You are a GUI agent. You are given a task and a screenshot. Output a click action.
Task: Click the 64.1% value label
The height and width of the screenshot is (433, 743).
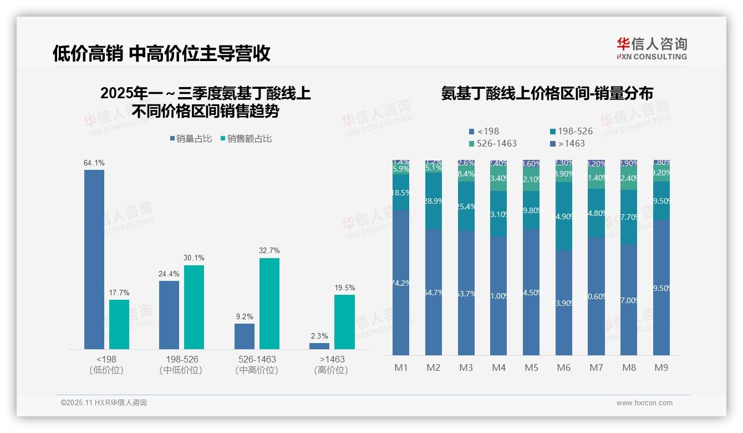coord(94,163)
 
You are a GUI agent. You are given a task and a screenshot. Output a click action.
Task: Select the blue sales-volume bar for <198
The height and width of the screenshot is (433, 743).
coord(94,259)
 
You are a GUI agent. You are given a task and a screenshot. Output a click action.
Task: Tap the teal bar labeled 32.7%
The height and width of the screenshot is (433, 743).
coord(269,303)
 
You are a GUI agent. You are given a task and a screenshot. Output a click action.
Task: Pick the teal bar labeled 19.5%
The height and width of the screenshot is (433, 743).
coord(344,321)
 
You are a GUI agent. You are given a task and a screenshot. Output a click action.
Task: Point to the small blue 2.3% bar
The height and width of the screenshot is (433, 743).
coord(319,346)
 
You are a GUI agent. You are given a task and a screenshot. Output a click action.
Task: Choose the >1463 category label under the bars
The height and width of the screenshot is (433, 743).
coord(332,359)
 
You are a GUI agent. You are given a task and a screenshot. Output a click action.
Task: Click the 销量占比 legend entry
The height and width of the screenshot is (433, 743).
coord(190,139)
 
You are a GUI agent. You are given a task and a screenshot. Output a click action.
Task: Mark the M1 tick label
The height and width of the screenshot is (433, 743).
coord(401,367)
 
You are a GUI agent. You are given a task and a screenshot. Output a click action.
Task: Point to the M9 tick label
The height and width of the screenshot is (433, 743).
coord(661,367)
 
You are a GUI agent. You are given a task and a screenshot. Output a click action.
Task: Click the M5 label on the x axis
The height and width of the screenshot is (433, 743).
coord(531,367)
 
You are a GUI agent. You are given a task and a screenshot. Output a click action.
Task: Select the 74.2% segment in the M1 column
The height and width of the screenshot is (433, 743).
coord(401,283)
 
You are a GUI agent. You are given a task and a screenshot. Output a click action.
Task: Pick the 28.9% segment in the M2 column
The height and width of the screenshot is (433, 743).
coord(433,201)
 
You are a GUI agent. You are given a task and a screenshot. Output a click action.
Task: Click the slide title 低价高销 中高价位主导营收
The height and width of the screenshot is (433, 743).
coord(161,53)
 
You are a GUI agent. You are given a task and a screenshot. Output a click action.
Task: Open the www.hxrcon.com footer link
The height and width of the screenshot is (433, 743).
coord(644,402)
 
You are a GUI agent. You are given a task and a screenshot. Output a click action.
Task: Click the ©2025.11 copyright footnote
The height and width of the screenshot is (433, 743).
coord(104,402)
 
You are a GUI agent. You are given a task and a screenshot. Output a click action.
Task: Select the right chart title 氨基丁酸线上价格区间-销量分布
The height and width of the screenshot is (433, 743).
coord(547,93)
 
